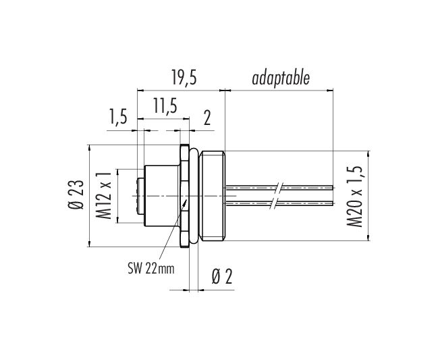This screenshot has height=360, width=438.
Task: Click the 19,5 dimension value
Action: click(x=184, y=78)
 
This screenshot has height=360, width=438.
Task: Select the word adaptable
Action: click(x=281, y=79)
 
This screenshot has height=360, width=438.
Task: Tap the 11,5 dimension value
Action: click(x=165, y=107)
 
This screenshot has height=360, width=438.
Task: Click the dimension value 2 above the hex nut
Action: click(x=207, y=118)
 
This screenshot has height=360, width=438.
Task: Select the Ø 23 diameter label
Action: click(x=76, y=195)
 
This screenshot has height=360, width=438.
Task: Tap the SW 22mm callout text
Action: click(x=151, y=269)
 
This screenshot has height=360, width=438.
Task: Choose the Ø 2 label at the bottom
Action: click(x=222, y=277)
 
